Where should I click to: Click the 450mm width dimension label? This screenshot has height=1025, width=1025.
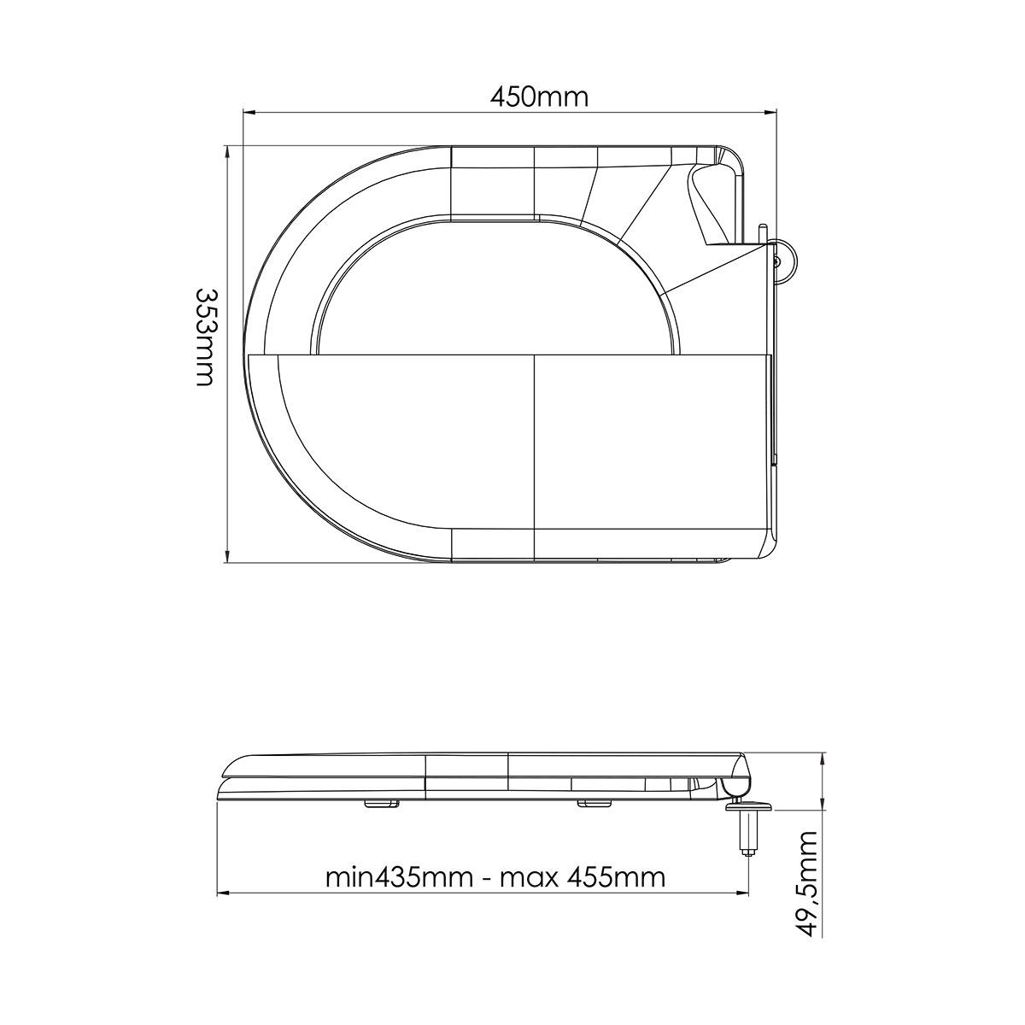pos(539,97)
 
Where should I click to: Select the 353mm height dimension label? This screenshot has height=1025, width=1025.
pos(205,337)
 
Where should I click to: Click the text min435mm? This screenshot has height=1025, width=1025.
pos(399,878)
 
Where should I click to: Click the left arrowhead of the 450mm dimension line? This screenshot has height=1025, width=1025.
pos(250,112)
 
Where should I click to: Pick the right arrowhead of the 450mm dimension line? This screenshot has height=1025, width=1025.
pos(770,112)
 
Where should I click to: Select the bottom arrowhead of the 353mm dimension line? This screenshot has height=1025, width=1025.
pos(228,555)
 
